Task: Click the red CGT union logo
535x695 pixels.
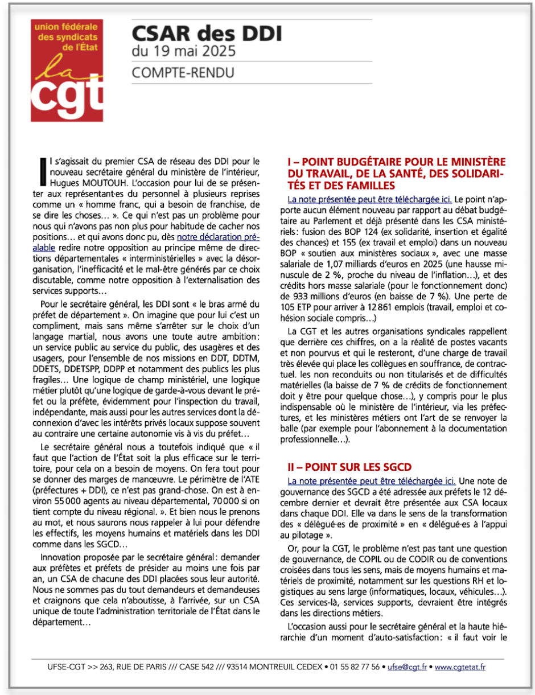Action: click(68, 71)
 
